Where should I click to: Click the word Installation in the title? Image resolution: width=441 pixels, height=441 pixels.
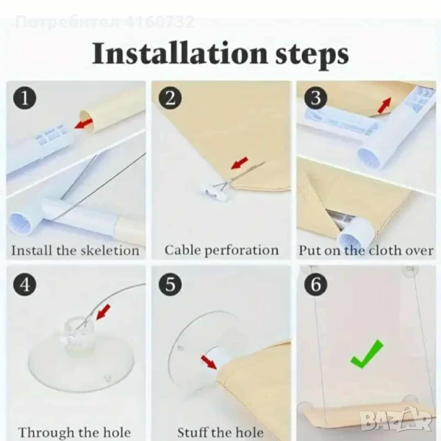click(179, 53)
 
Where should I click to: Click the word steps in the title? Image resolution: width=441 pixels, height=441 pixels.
click(312, 55)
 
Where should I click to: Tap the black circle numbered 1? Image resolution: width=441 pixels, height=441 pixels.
click(25, 98)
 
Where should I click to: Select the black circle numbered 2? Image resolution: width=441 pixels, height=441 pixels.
click(171, 98)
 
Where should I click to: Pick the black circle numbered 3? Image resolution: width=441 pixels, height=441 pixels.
click(315, 98)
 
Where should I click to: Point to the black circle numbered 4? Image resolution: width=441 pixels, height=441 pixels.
click(25, 284)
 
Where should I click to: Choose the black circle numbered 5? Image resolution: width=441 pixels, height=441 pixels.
click(171, 284)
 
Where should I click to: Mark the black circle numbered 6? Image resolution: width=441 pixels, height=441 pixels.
click(315, 284)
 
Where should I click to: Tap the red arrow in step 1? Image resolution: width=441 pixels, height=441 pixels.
click(83, 123)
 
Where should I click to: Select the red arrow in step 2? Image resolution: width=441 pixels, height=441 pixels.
click(240, 163)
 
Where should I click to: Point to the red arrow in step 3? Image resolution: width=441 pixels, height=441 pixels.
click(384, 105)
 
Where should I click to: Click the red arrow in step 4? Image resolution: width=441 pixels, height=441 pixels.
click(103, 312)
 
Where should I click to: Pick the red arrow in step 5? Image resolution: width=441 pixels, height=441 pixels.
click(209, 362)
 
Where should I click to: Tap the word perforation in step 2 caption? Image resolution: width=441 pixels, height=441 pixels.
click(241, 251)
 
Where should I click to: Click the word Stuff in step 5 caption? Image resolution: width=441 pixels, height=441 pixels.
click(193, 432)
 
